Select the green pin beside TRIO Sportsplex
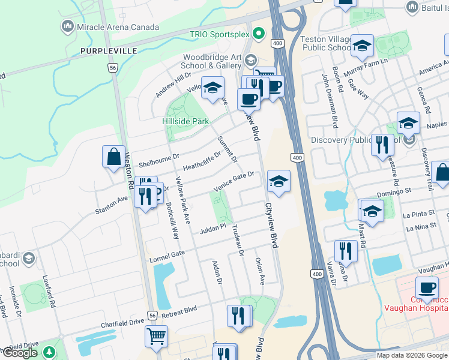click(259, 33)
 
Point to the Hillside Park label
click(185, 121)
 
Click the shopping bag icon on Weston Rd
click(113, 157)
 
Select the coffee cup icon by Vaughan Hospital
click(427, 289)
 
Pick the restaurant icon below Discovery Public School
click(382, 145)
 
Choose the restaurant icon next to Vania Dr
click(346, 251)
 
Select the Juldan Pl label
click(212, 228)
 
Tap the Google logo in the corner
click(20, 352)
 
